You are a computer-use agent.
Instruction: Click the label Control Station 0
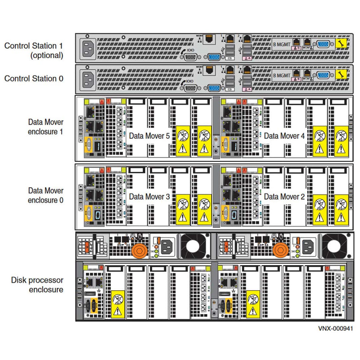34,78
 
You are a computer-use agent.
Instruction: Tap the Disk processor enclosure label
40,285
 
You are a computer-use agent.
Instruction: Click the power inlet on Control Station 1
88,47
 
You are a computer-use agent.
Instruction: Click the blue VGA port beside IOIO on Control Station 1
214,57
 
